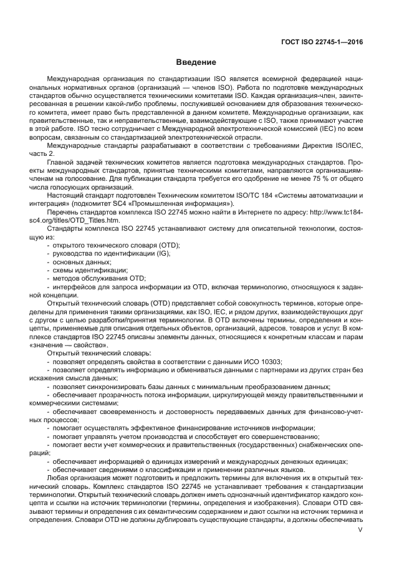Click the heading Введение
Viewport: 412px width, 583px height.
(196, 62)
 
